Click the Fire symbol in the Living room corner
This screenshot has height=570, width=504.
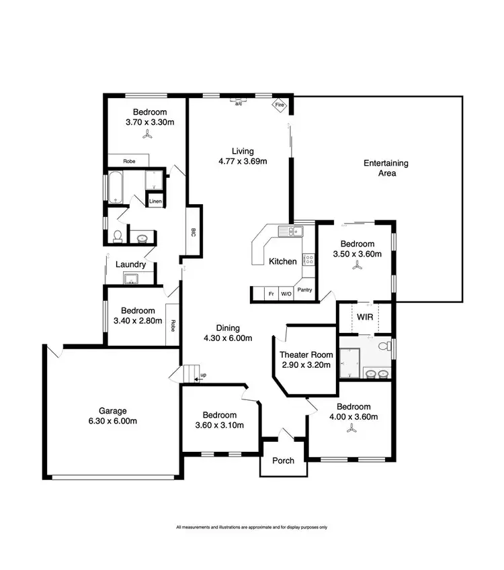point(278,105)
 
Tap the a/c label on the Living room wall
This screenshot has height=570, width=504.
point(239,103)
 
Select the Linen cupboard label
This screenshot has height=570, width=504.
point(155,201)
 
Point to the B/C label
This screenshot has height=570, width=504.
point(193,232)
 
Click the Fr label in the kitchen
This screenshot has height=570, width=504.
point(271,293)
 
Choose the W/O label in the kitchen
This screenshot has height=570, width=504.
point(286,293)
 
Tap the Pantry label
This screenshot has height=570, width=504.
point(304,290)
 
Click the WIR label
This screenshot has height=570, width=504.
point(365,316)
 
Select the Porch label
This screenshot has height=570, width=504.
point(282,461)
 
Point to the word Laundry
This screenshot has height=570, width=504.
point(130,265)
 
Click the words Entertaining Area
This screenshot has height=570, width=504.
point(386,168)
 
